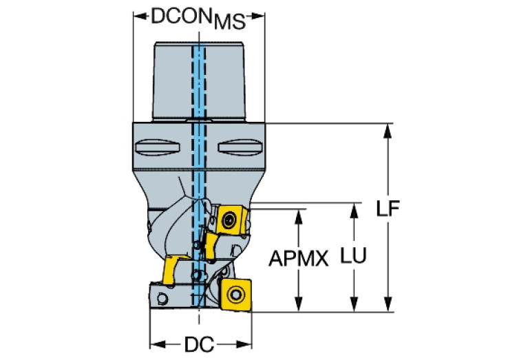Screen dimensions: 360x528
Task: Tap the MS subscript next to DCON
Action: (x=229, y=23)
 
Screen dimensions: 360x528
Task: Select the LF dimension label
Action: (x=390, y=209)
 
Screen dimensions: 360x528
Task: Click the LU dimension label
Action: (x=353, y=255)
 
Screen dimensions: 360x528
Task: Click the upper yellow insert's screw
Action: (x=228, y=221)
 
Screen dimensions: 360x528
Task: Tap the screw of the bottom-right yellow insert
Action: (x=236, y=295)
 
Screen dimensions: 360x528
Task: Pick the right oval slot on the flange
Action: (x=237, y=147)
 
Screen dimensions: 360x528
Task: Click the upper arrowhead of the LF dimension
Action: (x=389, y=129)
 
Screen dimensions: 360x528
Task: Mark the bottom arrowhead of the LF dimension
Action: (x=389, y=306)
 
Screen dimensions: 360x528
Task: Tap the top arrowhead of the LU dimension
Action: (x=354, y=208)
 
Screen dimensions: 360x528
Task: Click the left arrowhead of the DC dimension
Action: (x=155, y=343)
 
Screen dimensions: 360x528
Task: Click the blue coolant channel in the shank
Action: (x=199, y=83)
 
